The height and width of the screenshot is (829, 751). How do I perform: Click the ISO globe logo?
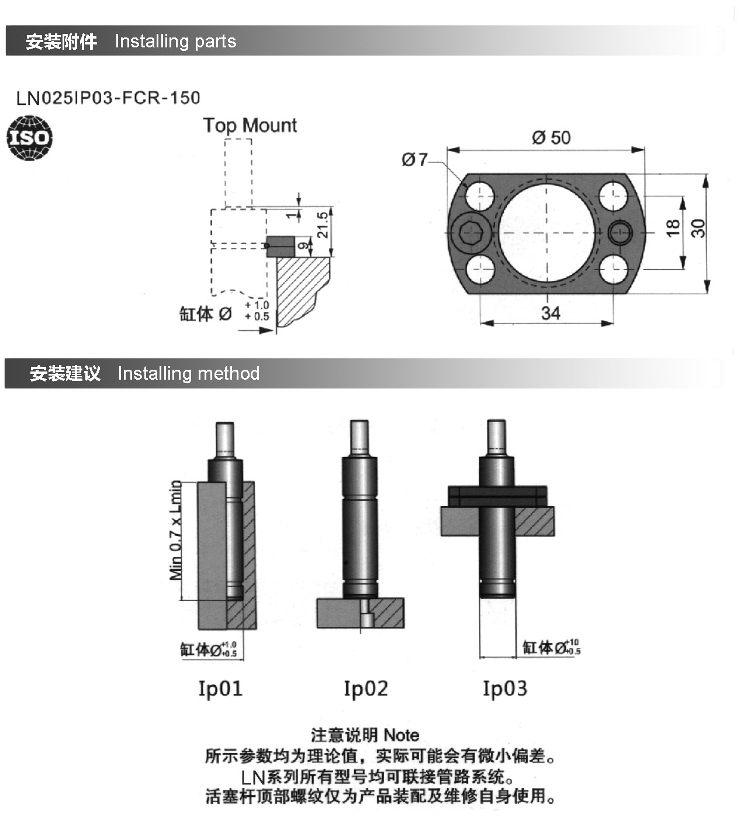29,138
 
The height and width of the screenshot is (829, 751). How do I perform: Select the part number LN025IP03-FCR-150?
108,98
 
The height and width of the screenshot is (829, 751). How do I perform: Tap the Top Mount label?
250,126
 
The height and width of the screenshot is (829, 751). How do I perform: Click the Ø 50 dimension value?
551,137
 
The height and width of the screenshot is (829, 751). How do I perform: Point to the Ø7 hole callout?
414,160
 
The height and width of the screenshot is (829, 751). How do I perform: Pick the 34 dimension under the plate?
551,313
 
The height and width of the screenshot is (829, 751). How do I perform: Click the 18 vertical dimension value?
673,228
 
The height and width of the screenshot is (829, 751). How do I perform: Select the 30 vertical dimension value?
698,228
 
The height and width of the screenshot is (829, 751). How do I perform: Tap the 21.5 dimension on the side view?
322,225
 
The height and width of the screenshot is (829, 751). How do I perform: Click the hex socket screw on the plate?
470,233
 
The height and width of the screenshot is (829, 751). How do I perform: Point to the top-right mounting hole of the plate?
614,195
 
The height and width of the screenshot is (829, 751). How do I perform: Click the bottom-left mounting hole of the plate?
480,270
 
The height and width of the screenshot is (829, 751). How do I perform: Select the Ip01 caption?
220,689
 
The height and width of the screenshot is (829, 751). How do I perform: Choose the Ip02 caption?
366,689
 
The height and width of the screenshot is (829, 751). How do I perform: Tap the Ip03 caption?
506,689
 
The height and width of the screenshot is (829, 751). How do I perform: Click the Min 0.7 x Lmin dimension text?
176,530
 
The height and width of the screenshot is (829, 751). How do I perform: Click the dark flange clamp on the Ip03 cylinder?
497,496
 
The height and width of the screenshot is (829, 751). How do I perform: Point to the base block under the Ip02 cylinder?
361,613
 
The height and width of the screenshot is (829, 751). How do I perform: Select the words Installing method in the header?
189,374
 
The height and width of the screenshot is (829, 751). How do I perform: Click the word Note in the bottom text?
402,735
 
